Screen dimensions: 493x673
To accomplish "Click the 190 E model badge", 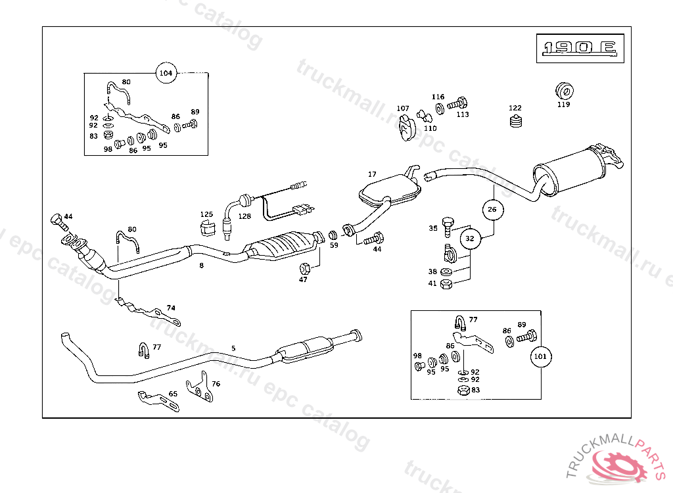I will point(578,48).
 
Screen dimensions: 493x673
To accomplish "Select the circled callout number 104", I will point(166,73).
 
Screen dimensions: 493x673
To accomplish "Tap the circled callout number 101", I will point(540,356).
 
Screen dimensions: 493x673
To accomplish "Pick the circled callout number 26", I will point(492,210).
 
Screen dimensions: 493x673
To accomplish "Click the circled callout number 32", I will point(469,239).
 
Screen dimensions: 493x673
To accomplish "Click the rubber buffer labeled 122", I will point(516,122).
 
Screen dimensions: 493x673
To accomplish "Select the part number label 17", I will point(372,174).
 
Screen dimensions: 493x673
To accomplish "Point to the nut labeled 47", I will point(304,268).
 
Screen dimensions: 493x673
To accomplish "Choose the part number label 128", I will point(244,216).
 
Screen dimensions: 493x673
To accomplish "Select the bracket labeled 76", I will point(199,390).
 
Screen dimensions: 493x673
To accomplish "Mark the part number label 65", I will point(173,394).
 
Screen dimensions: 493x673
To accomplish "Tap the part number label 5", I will point(233,348).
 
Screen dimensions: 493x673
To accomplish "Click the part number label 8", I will point(201,266).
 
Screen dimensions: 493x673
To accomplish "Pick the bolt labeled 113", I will point(457,103).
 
